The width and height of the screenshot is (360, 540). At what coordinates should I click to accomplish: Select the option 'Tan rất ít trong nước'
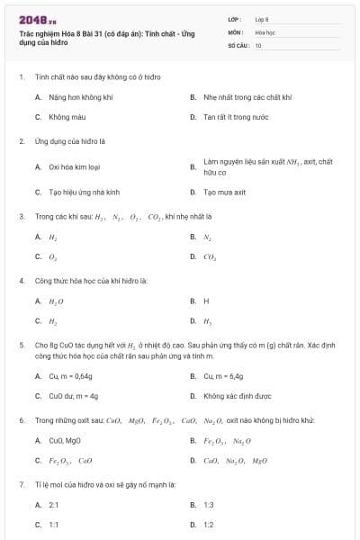click(x=229, y=117)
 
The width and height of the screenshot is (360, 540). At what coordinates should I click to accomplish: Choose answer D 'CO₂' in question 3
click(x=210, y=256)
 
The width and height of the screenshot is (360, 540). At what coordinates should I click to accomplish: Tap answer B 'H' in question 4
click(x=206, y=301)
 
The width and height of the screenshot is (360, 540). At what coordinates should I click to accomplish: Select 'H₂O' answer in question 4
click(x=56, y=301)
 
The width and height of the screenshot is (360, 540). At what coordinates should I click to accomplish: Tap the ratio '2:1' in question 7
click(x=53, y=505)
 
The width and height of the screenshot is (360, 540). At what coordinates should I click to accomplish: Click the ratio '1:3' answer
click(x=208, y=505)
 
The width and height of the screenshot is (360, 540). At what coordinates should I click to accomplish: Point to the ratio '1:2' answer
click(x=208, y=524)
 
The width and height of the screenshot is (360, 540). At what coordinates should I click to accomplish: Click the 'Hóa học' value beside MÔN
click(x=265, y=31)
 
